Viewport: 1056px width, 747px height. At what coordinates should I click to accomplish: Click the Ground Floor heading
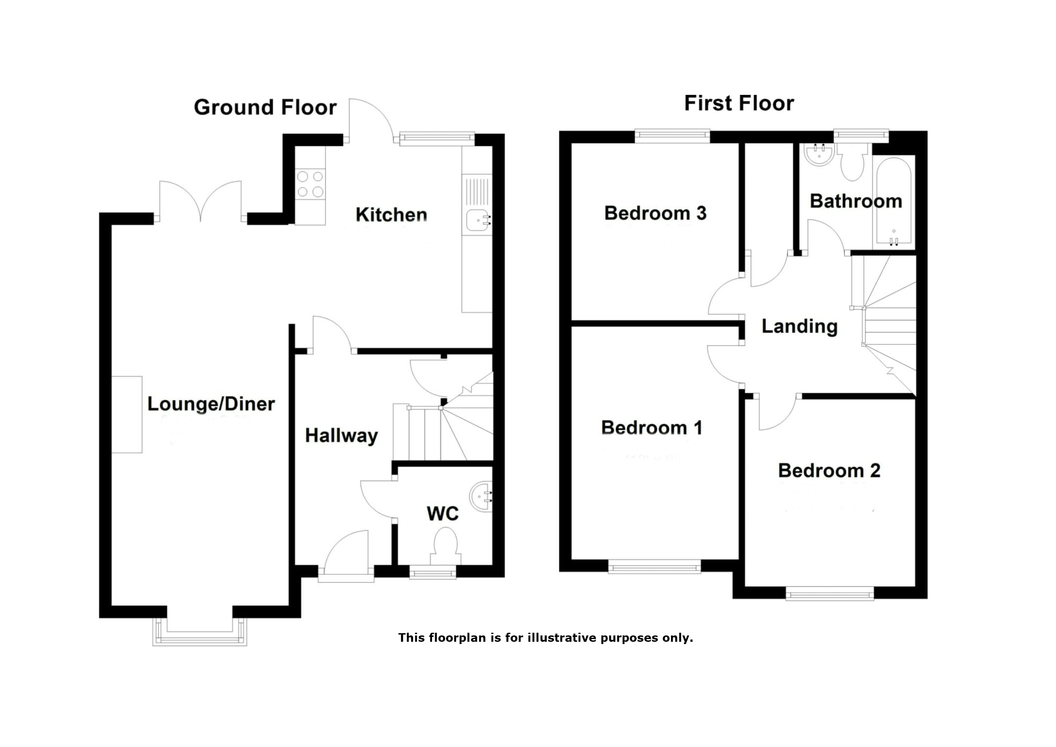[x=265, y=107]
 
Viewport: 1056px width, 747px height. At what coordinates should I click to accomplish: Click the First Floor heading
[x=739, y=103]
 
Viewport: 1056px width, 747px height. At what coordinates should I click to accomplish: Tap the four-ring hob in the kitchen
[x=310, y=184]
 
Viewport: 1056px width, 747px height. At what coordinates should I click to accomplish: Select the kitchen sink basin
[x=476, y=220]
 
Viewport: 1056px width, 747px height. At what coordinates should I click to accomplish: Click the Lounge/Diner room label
[x=211, y=404]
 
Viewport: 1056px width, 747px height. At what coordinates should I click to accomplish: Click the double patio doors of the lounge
[x=200, y=201]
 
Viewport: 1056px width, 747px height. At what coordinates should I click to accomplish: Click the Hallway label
[x=341, y=435]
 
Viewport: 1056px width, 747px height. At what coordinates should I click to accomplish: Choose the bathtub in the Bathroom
[x=893, y=202]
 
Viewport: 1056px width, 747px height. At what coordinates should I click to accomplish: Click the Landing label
[x=800, y=326]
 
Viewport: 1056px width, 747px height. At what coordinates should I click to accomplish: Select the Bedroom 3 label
[x=655, y=213]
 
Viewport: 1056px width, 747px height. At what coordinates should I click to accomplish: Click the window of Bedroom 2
[x=829, y=594]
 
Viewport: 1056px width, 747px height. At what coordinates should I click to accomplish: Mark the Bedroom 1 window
[x=654, y=567]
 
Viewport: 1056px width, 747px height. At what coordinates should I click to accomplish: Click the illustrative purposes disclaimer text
[x=545, y=638]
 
